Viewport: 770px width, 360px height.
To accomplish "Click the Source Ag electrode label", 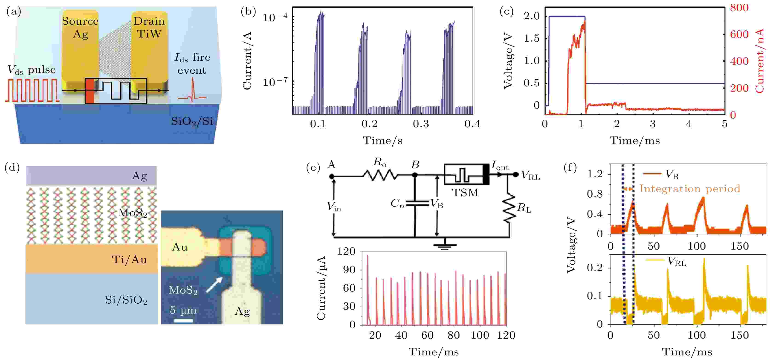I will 80,27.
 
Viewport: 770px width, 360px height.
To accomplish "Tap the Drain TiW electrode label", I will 149,27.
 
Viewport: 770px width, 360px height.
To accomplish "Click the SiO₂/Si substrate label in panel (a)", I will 192,121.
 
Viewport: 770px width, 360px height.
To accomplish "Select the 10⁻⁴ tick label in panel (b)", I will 275,17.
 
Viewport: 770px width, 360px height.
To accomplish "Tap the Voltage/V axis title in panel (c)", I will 508,61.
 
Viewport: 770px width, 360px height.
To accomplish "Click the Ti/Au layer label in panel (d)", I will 129,260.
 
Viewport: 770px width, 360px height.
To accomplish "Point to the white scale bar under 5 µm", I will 183,321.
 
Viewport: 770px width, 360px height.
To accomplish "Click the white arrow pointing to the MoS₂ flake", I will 214,284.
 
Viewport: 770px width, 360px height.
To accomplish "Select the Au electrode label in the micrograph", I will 180,247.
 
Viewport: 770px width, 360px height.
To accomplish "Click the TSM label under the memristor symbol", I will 465,193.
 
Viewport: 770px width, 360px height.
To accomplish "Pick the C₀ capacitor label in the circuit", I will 397,203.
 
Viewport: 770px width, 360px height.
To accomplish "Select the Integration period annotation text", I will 689,189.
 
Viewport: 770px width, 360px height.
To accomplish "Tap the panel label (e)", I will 313,168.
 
